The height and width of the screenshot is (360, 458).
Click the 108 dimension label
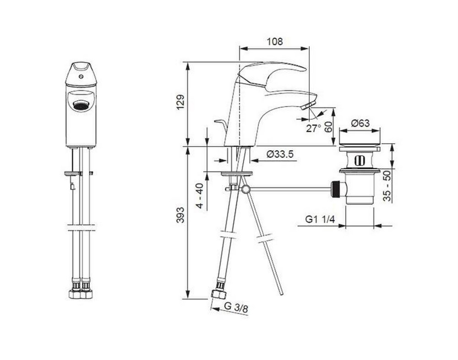click(x=275, y=42)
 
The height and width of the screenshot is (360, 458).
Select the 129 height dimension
click(x=181, y=102)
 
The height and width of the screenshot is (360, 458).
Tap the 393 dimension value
click(x=181, y=215)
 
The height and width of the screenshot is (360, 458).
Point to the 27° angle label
click(x=313, y=128)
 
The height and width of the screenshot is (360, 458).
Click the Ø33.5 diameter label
click(x=280, y=154)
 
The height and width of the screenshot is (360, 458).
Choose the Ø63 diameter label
click(x=360, y=123)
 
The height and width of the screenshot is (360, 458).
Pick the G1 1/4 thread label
click(x=320, y=219)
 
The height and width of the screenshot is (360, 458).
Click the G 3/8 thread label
click(x=236, y=308)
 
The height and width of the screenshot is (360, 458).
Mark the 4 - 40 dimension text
click(x=200, y=196)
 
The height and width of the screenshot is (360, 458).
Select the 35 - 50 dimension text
click(x=387, y=186)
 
